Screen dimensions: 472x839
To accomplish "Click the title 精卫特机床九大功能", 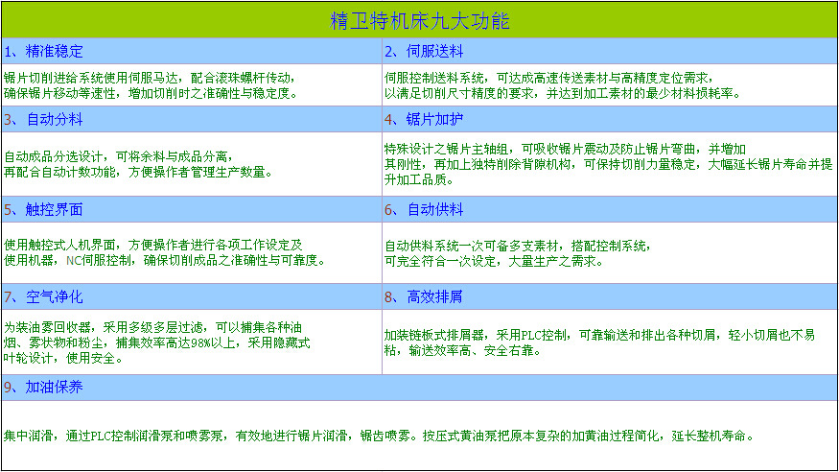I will pyautogui.click(x=419, y=20).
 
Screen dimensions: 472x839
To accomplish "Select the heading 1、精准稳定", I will pyautogui.click(x=44, y=51).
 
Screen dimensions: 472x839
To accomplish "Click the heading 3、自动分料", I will pyautogui.click(x=44, y=120).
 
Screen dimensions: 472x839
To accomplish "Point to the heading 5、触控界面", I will pyautogui.click(x=44, y=209).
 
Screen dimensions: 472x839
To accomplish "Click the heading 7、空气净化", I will pyautogui.click(x=44, y=296).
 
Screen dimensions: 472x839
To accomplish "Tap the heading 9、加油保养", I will pyautogui.click(x=44, y=387).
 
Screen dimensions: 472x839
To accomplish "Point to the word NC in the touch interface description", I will pyautogui.click(x=73, y=260).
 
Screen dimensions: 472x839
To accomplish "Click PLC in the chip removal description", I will pyautogui.click(x=533, y=335).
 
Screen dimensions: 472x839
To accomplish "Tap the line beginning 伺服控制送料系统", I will pyautogui.click(x=548, y=77).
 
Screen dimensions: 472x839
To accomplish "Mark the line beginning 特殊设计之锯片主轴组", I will pyautogui.click(x=565, y=149).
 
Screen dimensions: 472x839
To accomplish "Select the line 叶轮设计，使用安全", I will pyautogui.click(x=63, y=358).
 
